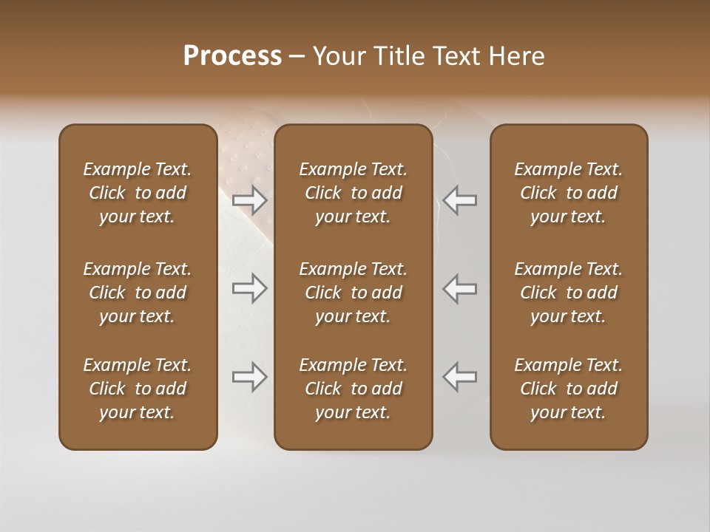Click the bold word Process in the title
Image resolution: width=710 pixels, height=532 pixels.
232,56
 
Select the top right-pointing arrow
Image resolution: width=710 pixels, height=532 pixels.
250,200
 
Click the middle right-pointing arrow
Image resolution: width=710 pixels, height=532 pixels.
250,288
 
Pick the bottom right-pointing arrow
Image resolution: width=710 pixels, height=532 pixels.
250,377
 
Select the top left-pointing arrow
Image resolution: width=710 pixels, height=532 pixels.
459,200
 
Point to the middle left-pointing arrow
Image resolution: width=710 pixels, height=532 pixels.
459,288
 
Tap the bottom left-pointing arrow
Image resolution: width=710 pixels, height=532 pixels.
459,377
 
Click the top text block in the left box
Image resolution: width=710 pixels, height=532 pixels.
138,193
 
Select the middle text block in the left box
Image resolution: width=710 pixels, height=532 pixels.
138,293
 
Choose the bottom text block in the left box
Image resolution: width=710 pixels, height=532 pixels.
138,389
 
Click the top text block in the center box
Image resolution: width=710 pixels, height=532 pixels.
353,193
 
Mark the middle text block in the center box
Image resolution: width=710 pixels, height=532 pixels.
353,293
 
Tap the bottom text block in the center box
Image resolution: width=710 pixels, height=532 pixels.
353,389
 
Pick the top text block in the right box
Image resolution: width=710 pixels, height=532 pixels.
568,193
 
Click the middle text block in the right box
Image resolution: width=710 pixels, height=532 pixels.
568,293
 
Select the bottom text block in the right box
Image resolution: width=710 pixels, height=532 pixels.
568,389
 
